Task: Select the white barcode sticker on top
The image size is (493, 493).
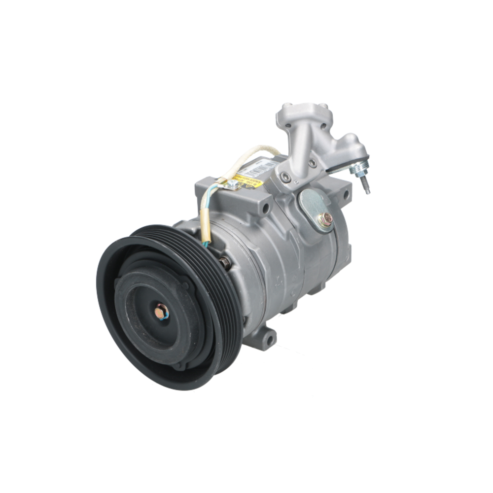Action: (262, 168)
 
